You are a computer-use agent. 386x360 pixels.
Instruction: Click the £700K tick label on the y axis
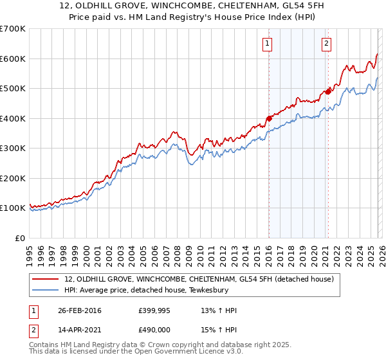pyautogui.click(x=12, y=29)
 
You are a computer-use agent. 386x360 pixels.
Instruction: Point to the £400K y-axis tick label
pyautogui.click(x=12, y=118)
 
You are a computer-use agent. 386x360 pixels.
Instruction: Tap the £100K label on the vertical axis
pyautogui.click(x=12, y=208)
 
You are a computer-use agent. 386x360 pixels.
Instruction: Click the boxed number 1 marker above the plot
pyautogui.click(x=266, y=44)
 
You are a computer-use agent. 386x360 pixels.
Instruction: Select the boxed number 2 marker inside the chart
pyautogui.click(x=326, y=44)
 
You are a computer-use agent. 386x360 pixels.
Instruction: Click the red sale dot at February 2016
pyautogui.click(x=269, y=118)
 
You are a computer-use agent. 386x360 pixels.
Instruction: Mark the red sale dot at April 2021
pyautogui.click(x=327, y=91)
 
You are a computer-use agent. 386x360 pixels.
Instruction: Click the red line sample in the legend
pyautogui.click(x=46, y=280)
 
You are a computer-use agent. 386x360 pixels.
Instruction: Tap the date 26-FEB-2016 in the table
pyautogui.click(x=79, y=310)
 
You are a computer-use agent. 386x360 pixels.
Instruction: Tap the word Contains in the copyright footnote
pyautogui.click(x=46, y=346)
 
